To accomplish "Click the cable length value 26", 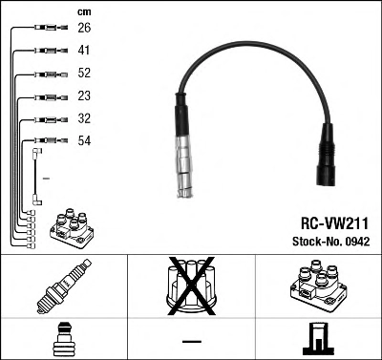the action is tap(84, 28).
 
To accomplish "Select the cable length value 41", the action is tap(84, 51).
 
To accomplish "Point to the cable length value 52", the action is tap(84, 73).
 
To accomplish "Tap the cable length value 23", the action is tap(84, 95).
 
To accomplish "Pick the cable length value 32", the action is tap(84, 118).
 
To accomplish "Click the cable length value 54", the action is tap(84, 140).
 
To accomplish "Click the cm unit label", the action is tap(84, 12).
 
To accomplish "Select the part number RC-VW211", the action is tap(334, 223).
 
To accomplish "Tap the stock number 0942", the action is tap(356, 242).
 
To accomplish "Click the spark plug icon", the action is tap(64, 286).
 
